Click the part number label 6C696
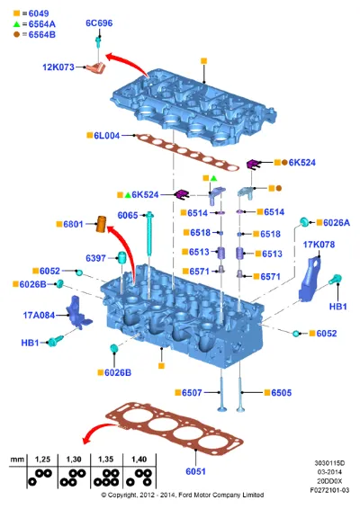(x=99, y=23)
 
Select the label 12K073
(x=58, y=67)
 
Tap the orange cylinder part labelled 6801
(x=102, y=223)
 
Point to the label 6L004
(x=106, y=136)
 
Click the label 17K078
(x=319, y=245)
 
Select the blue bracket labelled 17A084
(x=78, y=313)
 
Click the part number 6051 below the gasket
(x=195, y=471)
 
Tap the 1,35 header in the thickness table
(x=106, y=460)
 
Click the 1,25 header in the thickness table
(x=42, y=460)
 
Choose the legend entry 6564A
(x=42, y=24)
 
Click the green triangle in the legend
(x=16, y=24)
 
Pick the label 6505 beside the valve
(x=282, y=393)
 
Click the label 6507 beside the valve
(x=192, y=393)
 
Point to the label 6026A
(x=337, y=223)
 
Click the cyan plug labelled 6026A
(x=304, y=222)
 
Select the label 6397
(x=95, y=258)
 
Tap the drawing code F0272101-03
(x=329, y=490)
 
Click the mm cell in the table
(x=17, y=460)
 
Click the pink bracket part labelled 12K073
(x=95, y=67)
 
